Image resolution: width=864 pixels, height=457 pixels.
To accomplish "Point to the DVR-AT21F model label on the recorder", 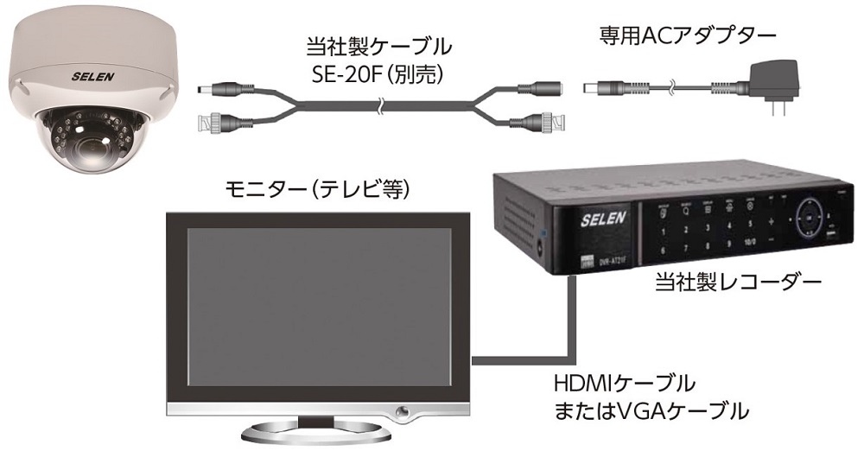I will tap(612, 258).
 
